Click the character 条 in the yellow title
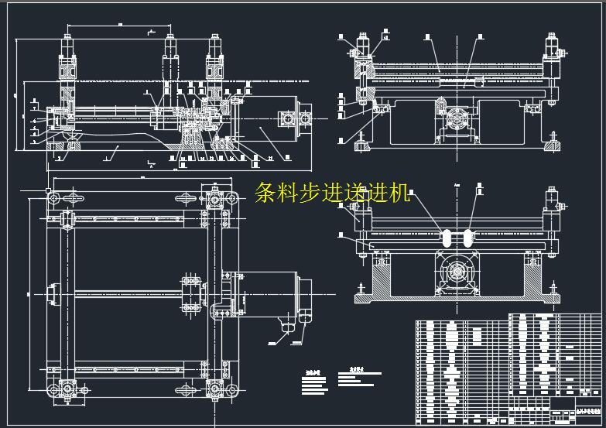pos(265,193)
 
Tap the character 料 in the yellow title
pos(288,193)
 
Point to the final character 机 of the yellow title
pos(399,193)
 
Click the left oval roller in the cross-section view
pos(447,236)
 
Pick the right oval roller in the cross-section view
pos(468,236)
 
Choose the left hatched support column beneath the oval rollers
pos(382,274)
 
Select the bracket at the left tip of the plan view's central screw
pos(52,294)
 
